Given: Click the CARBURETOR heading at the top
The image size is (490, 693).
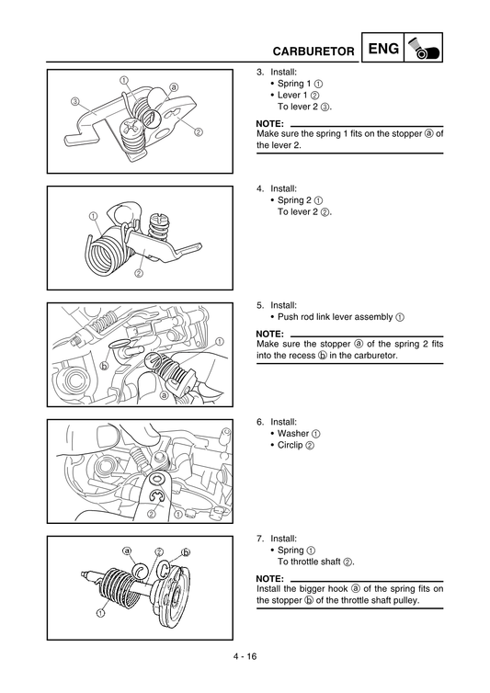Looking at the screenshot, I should [305, 52].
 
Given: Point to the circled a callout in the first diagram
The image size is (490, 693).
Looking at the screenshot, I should [173, 88].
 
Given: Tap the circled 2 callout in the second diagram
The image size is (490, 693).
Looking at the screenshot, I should [139, 273].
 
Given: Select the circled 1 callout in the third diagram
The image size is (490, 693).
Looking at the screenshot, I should [220, 341].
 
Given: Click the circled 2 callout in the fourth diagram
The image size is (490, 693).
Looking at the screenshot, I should [150, 514].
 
